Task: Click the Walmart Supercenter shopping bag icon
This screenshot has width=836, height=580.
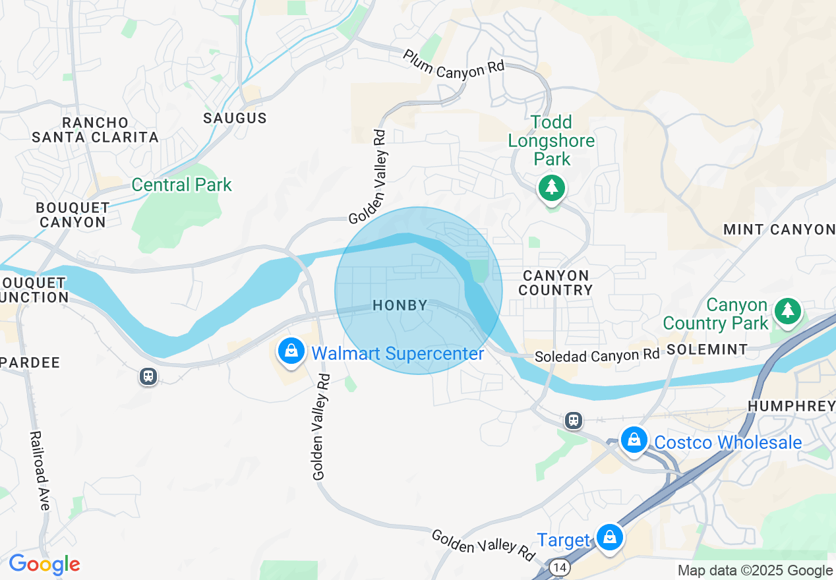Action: coord(291,351)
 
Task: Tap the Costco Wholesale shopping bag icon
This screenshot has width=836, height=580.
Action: coord(634,440)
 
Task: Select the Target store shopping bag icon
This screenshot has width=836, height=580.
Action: coord(610,538)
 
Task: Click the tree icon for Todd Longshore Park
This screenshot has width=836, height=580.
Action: coord(551,188)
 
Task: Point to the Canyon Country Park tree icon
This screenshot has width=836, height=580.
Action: coord(787,311)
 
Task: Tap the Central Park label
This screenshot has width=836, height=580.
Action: coord(181,185)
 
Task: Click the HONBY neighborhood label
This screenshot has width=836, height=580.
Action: coord(400,305)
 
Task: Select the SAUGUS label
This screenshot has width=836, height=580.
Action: coord(235,119)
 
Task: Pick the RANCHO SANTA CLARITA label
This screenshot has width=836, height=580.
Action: coord(96,130)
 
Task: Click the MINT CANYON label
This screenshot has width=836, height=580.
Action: coord(779,229)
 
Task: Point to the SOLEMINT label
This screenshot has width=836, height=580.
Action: coord(707,349)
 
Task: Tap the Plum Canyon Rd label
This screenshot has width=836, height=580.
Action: coord(454,64)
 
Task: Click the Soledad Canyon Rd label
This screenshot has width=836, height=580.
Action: coord(597,355)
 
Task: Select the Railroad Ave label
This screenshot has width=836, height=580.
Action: coord(40,471)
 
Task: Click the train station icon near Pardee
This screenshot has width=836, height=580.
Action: coord(148,376)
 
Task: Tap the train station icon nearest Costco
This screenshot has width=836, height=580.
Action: coord(574,420)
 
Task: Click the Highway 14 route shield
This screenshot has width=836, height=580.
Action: coord(560,567)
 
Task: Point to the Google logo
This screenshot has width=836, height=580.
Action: coord(44,565)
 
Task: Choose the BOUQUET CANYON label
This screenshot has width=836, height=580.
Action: coord(73,214)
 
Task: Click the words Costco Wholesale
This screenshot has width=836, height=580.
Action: coord(727,442)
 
